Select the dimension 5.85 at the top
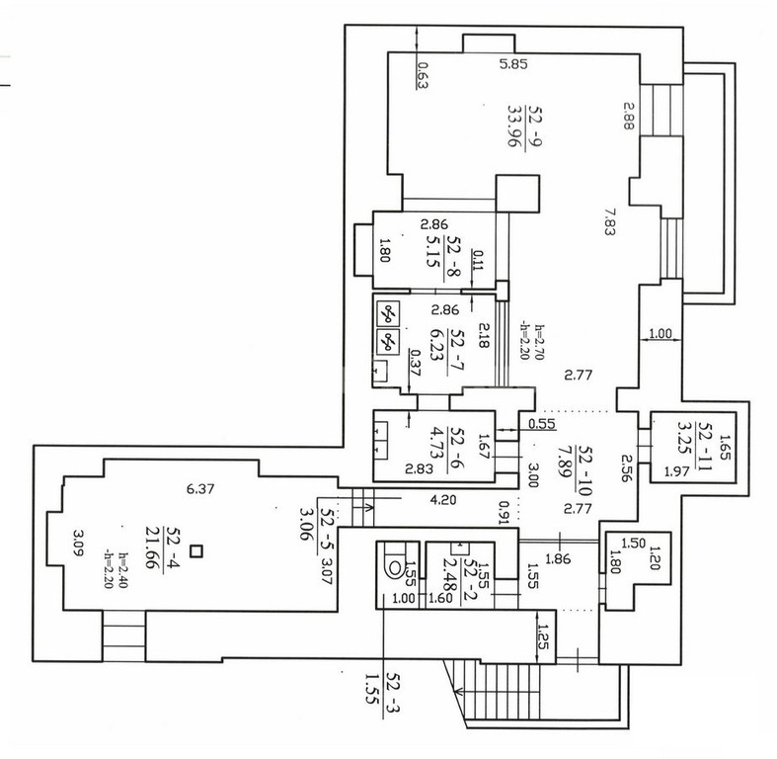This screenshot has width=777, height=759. (513, 63)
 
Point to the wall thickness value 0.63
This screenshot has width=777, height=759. (423, 75)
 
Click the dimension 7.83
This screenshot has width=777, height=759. (609, 221)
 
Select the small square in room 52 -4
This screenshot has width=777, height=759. (197, 551)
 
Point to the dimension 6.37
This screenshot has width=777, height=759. (200, 489)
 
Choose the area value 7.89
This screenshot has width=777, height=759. (564, 461)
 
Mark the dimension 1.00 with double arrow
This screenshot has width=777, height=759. (660, 333)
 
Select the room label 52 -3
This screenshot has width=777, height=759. (393, 692)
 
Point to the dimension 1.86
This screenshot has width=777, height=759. (558, 559)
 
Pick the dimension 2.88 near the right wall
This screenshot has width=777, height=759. (628, 116)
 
